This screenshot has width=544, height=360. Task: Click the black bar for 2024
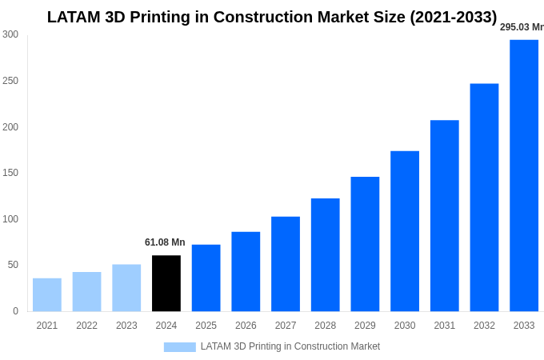[x=166, y=283]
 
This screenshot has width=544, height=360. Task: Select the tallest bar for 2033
[x=524, y=175]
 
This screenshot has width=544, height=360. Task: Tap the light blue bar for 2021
[x=47, y=294]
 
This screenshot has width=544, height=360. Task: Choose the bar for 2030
[x=405, y=231]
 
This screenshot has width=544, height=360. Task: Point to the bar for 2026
[x=246, y=271]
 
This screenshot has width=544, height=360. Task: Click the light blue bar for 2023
[x=126, y=288]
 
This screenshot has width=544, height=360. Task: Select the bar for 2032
[x=484, y=198]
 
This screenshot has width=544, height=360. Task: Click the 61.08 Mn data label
[x=165, y=242]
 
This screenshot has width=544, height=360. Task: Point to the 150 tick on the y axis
[x=10, y=173]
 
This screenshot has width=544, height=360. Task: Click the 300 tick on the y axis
[x=10, y=34]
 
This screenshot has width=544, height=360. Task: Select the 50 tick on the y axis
[x=13, y=265]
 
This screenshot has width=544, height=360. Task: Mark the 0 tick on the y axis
[x=15, y=311]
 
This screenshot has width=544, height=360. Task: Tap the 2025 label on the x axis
[x=206, y=326]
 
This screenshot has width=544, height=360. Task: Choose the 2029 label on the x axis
[x=365, y=326]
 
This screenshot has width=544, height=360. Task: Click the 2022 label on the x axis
[x=86, y=326]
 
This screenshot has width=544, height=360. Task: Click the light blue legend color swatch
[x=180, y=346]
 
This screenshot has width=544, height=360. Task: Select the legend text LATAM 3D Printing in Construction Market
[x=290, y=346]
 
